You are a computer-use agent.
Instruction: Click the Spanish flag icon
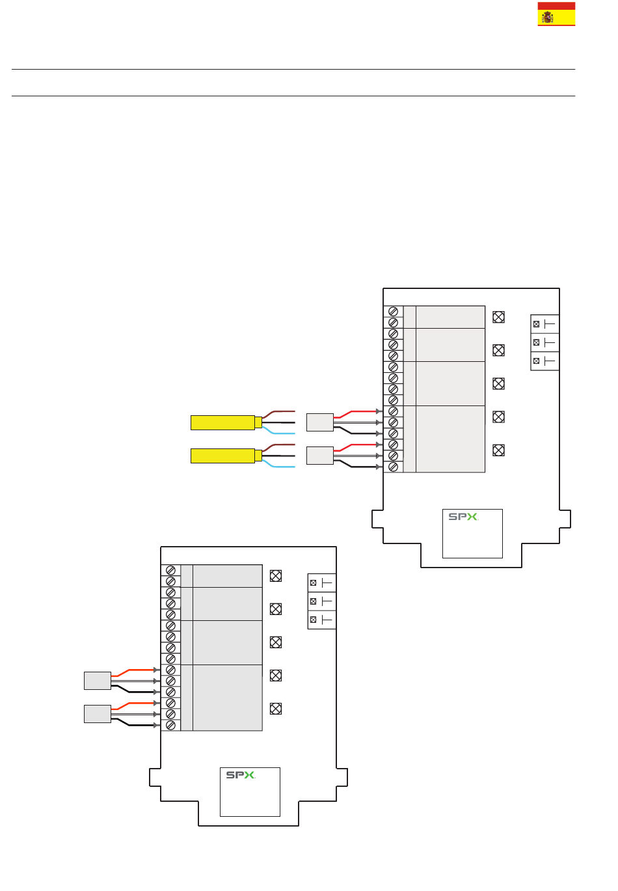click(x=556, y=14)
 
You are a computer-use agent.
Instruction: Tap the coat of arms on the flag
click(x=548, y=17)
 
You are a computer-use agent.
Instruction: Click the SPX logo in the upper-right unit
click(x=463, y=517)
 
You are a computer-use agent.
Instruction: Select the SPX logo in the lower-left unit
click(x=241, y=775)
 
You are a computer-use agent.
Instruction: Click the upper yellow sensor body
click(x=222, y=422)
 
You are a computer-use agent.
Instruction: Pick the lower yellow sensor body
click(x=222, y=456)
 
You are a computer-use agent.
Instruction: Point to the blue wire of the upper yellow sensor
click(x=278, y=431)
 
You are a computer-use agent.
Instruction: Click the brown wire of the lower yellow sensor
click(x=278, y=446)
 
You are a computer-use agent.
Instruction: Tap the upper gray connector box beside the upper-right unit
click(x=320, y=422)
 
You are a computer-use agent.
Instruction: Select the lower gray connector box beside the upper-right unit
click(x=320, y=456)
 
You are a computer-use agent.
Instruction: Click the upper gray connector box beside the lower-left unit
click(x=98, y=681)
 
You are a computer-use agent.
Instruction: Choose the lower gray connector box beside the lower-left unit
click(x=98, y=714)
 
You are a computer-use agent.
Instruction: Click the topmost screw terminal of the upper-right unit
click(x=393, y=312)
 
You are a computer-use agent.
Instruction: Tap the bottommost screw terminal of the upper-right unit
click(x=393, y=467)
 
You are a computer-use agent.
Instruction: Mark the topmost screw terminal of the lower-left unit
click(x=170, y=570)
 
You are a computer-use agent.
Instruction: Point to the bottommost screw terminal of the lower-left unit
click(x=170, y=725)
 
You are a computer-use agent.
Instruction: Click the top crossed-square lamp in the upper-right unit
click(x=498, y=317)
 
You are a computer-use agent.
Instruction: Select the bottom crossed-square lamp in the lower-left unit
click(x=276, y=708)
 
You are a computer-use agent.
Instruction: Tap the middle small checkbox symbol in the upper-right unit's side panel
click(x=536, y=342)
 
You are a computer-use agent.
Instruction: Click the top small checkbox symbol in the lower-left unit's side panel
click(x=313, y=583)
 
